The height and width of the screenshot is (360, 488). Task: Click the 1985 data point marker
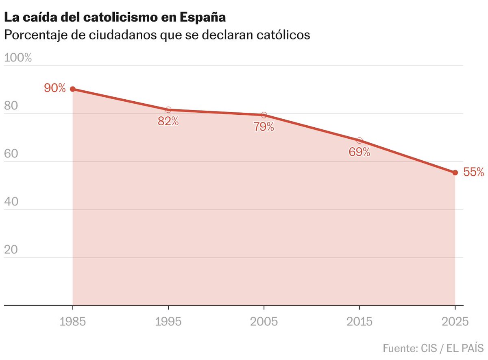click(x=73, y=89)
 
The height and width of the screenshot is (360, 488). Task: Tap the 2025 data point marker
click(x=455, y=173)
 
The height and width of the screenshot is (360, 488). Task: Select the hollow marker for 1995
click(x=168, y=110)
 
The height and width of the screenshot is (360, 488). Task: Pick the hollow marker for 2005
click(x=264, y=115)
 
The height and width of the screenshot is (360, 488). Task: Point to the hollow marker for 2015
click(x=359, y=140)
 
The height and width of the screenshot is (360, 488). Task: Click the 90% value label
click(x=55, y=87)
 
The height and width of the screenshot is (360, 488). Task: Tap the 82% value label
click(x=168, y=121)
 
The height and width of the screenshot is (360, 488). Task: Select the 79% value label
click(x=264, y=127)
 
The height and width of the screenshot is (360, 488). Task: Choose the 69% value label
click(x=359, y=152)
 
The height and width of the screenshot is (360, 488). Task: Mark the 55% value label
click(x=473, y=172)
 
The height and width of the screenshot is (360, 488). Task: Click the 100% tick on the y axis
click(x=18, y=58)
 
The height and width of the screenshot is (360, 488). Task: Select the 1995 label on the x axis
click(x=168, y=322)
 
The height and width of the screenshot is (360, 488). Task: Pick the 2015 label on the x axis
click(x=359, y=322)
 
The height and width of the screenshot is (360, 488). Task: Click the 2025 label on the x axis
click(x=455, y=322)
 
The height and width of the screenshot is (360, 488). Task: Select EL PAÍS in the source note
click(x=465, y=348)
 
